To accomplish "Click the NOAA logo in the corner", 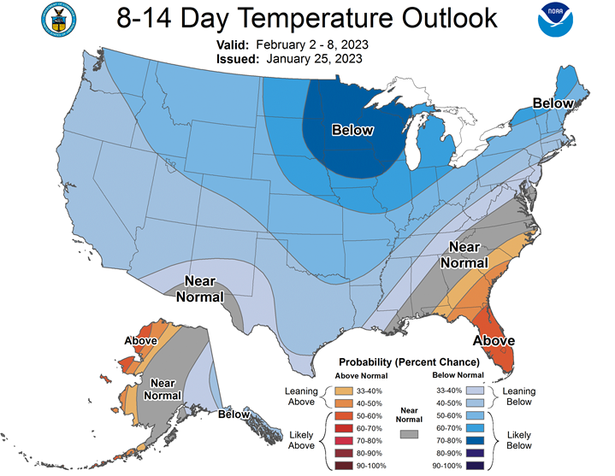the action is click(555, 20).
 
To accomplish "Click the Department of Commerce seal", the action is click(58, 20).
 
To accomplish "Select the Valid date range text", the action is click(312, 44).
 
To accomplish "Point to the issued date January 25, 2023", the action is click(314, 59).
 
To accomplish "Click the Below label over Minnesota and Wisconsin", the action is click(352, 130).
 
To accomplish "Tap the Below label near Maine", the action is click(553, 103).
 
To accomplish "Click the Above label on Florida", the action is click(494, 340).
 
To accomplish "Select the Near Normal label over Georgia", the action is click(464, 255).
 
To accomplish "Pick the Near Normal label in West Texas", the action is click(200, 289).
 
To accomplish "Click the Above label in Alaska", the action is click(141, 341).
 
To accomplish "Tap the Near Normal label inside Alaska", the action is click(163, 389).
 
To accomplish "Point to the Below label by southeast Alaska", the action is click(234, 414).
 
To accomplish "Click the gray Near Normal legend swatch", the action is click(409, 434).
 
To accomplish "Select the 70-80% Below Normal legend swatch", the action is click(475, 441).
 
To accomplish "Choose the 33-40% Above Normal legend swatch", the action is click(344, 391).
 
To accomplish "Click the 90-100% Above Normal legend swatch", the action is click(344, 466).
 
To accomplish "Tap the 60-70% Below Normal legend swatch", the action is click(475, 428).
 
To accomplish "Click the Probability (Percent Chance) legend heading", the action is click(409, 362).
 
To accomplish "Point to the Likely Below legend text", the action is click(519, 440).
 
